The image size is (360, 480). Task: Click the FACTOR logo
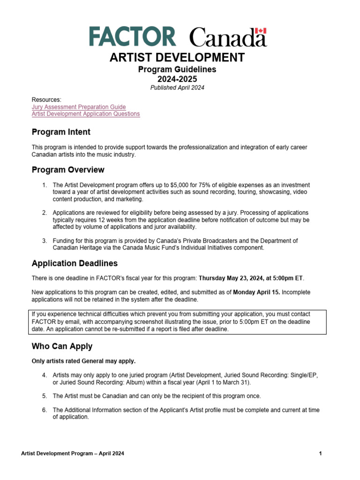click(132, 37)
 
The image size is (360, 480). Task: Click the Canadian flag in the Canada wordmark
click(261, 31)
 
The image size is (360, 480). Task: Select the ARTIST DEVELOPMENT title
click(177, 58)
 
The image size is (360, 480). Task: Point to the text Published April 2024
click(177, 88)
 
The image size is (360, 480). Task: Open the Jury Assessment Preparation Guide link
click(78, 107)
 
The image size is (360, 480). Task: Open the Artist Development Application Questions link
click(85, 114)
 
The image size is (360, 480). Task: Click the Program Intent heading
click(61, 132)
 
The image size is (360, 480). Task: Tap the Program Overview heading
click(68, 170)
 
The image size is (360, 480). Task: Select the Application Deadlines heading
click(75, 263)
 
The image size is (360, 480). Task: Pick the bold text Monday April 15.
click(256, 292)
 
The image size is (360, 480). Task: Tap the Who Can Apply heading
click(62, 346)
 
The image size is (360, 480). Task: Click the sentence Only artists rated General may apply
click(83, 361)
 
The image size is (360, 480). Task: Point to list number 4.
click(44, 375)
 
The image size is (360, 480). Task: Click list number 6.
click(44, 410)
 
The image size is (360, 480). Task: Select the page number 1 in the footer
click(320, 454)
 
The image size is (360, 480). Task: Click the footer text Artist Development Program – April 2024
click(73, 454)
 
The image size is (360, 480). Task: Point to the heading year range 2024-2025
click(177, 79)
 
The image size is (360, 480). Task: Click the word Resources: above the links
click(46, 100)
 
